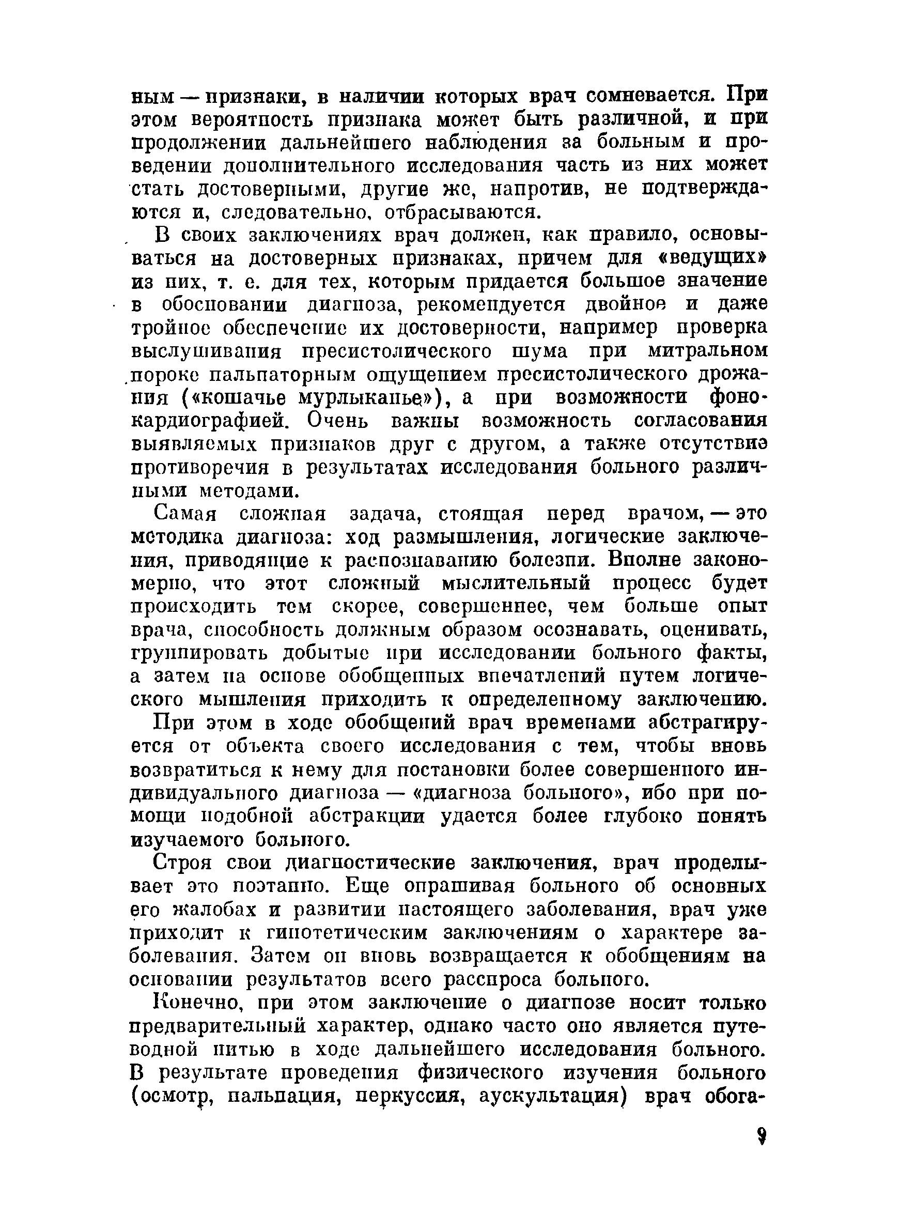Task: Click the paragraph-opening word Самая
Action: click(x=185, y=514)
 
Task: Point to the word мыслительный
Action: click(x=516, y=583)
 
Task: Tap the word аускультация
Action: click(x=551, y=1096)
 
